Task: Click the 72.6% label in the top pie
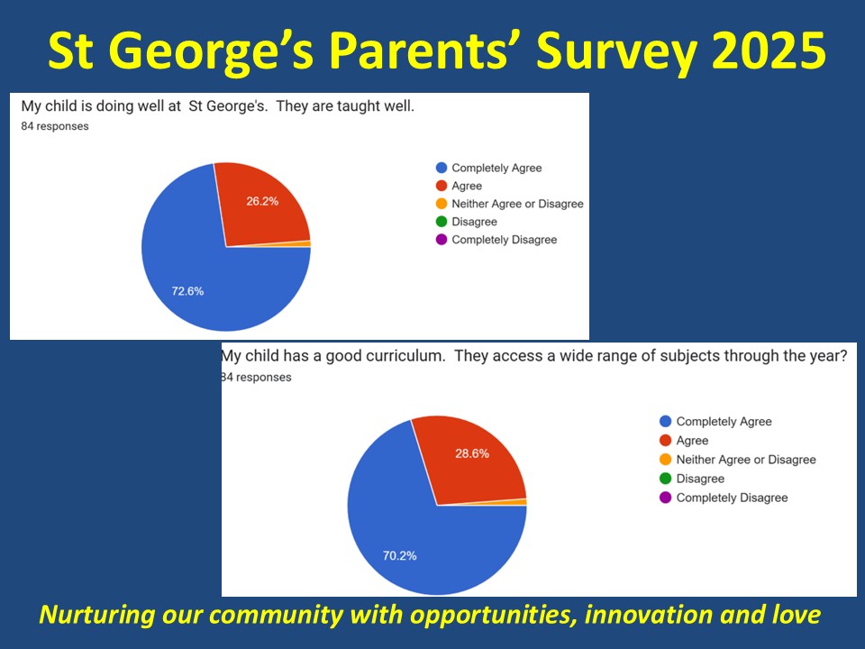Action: [x=187, y=291]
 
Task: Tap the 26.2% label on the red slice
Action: [x=262, y=201]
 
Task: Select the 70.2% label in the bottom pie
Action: [x=399, y=556]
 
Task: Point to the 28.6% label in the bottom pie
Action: [x=472, y=453]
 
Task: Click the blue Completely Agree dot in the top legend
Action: [x=442, y=168]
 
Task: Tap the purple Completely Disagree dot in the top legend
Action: [x=442, y=240]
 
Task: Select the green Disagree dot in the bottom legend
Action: [x=665, y=479]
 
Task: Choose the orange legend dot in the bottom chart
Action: [x=665, y=459]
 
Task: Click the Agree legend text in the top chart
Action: [x=467, y=186]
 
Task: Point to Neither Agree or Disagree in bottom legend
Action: [x=746, y=460]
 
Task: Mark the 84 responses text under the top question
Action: [x=55, y=126]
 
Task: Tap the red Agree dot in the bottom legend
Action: [x=665, y=441]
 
